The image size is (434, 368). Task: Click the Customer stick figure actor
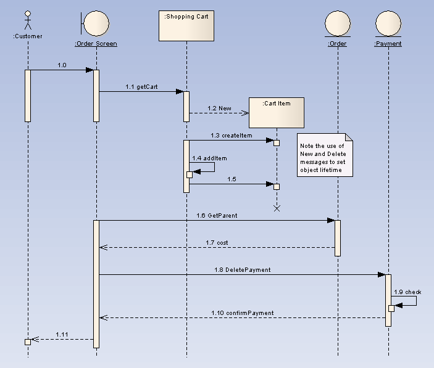[27, 21]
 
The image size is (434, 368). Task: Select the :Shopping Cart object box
[186, 25]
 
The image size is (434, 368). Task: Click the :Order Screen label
[96, 44]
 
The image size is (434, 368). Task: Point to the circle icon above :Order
[338, 23]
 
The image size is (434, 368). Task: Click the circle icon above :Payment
[388, 23]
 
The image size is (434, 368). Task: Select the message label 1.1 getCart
[141, 87]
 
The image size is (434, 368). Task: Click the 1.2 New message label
[220, 108]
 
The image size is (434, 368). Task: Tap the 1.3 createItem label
[231, 135]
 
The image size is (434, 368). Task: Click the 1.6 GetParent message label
[217, 216]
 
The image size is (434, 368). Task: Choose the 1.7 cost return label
[217, 243]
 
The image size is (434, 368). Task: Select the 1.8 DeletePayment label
[242, 270]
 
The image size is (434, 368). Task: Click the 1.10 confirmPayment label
[242, 313]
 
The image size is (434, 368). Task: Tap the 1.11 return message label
[62, 334]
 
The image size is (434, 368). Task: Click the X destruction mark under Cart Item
[277, 208]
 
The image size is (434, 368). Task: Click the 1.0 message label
[62, 65]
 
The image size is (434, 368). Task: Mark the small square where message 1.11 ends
[28, 341]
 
